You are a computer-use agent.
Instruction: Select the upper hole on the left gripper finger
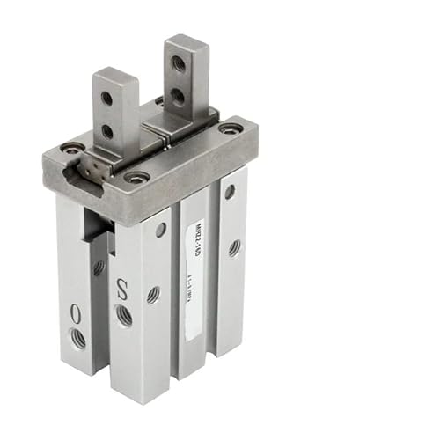(x=106, y=99)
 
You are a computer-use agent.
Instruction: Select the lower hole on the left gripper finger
(x=107, y=131)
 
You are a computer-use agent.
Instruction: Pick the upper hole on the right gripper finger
(x=178, y=63)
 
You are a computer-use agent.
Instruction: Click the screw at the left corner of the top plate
(x=72, y=147)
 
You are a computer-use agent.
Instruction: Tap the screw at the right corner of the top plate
(x=231, y=128)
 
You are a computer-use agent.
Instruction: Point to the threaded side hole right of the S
(x=153, y=294)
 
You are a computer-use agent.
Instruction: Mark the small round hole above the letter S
(x=161, y=230)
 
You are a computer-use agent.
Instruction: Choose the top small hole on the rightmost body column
(x=230, y=191)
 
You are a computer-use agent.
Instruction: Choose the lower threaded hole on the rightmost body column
(x=234, y=248)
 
